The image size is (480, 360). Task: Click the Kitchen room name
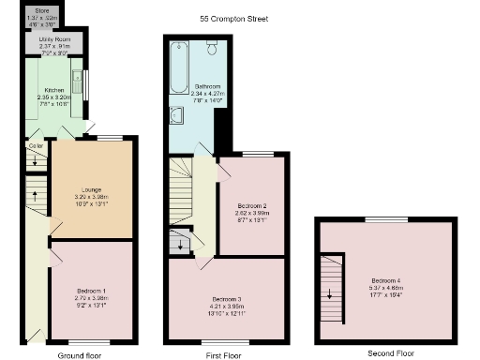[x=53, y=90]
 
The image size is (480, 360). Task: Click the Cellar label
[x=36, y=146]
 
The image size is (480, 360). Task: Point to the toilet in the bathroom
[x=211, y=48]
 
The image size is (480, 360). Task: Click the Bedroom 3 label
[x=226, y=298]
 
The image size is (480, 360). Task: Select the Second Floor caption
[x=390, y=353]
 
